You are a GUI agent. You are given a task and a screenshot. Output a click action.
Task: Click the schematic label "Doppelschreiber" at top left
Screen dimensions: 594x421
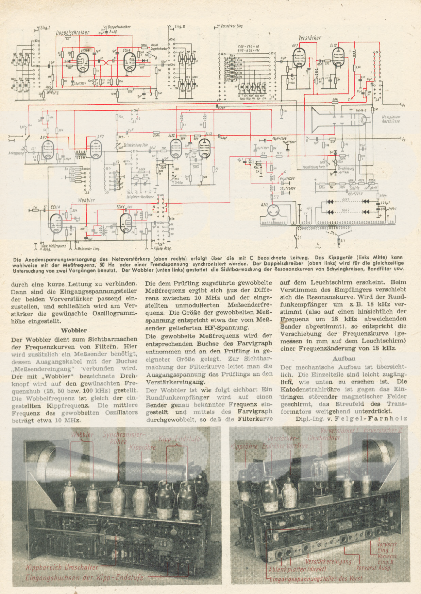point(73,33)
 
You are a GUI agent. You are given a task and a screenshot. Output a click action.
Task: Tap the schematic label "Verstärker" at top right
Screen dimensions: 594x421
point(309,38)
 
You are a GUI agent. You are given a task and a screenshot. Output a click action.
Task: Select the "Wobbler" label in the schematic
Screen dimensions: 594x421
point(86,200)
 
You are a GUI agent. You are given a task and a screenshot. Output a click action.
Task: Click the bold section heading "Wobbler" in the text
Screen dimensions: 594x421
point(74,330)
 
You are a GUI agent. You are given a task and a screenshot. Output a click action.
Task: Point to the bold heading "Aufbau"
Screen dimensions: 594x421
point(344,359)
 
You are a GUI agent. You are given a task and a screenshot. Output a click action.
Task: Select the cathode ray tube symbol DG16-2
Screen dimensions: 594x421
point(340,120)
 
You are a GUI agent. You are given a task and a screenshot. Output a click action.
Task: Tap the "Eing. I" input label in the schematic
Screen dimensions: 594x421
point(45,28)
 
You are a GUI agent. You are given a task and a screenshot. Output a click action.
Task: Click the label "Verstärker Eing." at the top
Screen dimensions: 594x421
point(232,26)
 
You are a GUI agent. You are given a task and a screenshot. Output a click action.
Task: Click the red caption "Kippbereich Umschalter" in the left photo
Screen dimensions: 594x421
point(62,567)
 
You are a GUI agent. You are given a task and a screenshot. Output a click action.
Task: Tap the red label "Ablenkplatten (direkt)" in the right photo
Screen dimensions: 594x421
point(297,569)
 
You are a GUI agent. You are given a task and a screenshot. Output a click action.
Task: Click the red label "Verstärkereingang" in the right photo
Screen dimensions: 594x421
point(328,561)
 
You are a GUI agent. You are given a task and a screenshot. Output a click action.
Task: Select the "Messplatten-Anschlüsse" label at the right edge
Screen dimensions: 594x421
point(391,119)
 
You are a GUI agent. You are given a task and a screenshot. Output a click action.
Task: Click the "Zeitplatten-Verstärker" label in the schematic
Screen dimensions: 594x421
point(140,197)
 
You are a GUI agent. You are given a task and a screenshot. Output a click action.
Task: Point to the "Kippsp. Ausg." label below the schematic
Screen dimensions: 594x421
point(163,248)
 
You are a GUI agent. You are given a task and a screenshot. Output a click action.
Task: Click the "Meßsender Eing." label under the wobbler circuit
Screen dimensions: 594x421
point(89,248)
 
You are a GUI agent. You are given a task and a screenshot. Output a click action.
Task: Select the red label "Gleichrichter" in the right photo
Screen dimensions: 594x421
point(324,438)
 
